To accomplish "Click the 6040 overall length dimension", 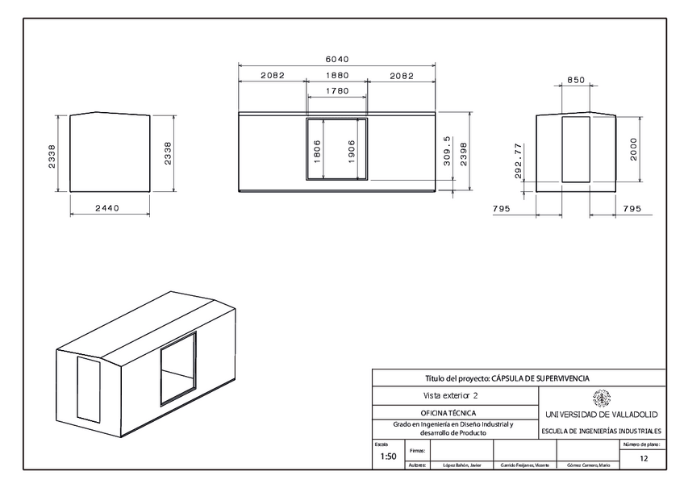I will coord(336,60).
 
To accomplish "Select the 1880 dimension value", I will coord(336,75).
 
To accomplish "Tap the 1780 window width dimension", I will coord(336,91).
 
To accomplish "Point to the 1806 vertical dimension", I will coord(317,152).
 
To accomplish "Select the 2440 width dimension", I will coord(107,208).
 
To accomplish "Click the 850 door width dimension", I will coord(576,80).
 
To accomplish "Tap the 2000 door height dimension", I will coord(634,148).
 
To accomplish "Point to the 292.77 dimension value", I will coord(519,161).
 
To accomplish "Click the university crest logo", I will coord(601,398).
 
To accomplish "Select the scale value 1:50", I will coord(388,457).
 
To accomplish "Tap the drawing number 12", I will coord(643,458).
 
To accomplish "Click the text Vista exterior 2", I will coord(451,395).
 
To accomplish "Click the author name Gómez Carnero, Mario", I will coord(588,465).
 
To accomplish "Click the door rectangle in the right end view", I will coord(576,148).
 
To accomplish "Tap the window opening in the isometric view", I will coord(177,367).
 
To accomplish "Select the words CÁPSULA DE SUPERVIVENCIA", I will coord(540,378).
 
